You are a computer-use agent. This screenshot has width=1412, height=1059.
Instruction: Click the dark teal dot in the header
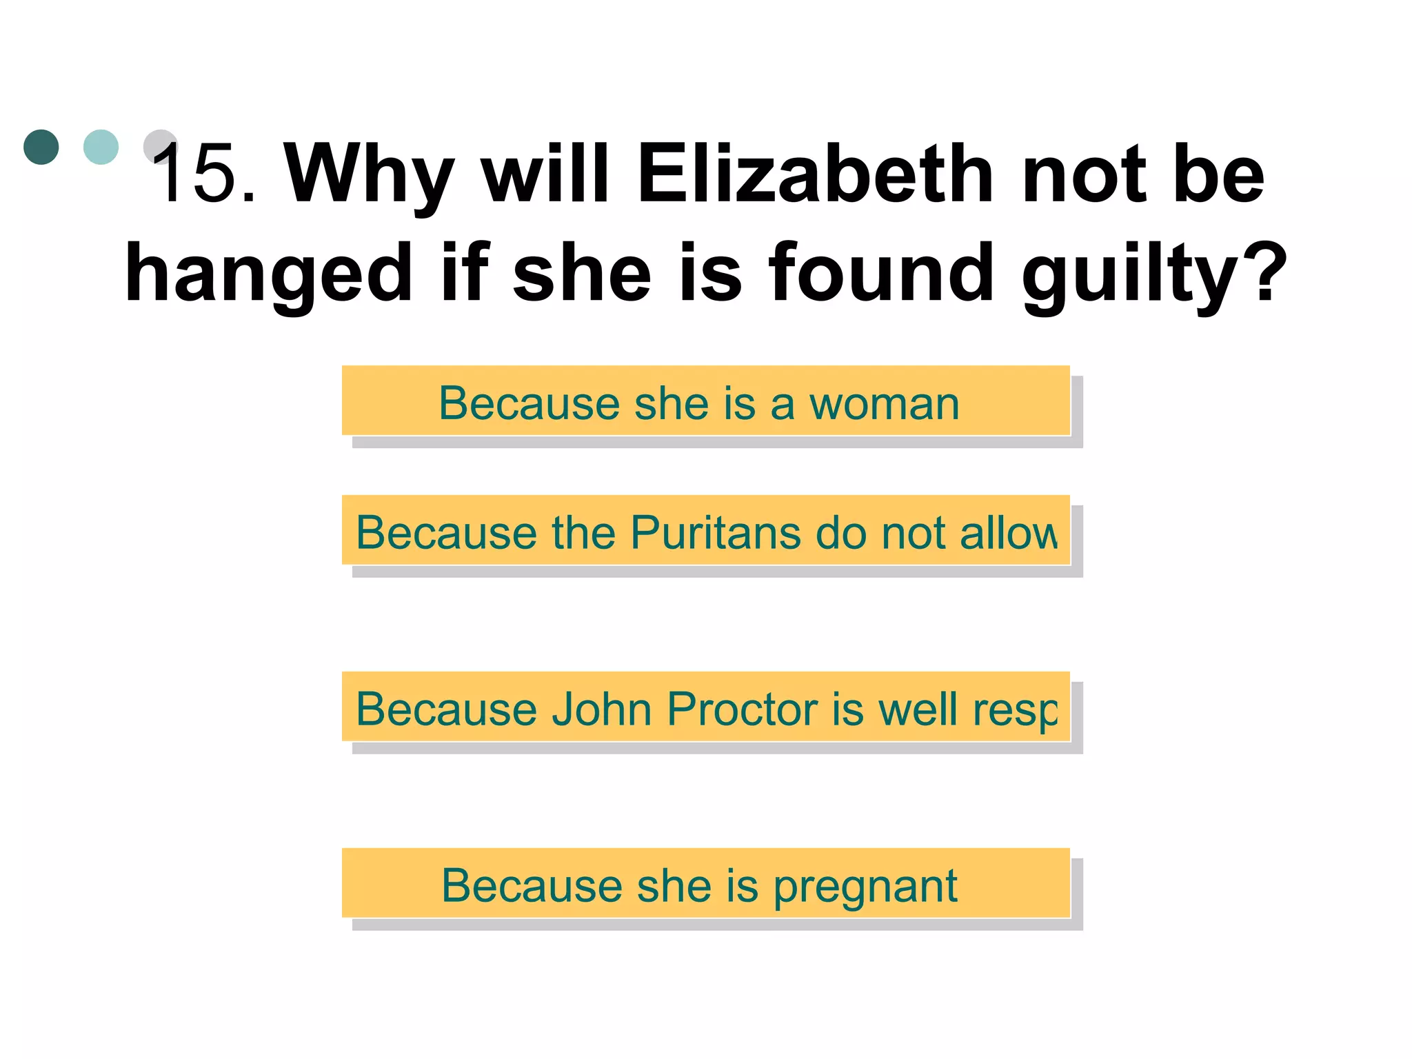tap(41, 147)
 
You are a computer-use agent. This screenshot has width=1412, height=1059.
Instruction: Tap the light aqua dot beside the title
tap(101, 147)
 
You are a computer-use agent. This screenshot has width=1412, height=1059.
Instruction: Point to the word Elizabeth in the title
tap(815, 174)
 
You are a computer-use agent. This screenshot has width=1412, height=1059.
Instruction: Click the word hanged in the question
tap(268, 274)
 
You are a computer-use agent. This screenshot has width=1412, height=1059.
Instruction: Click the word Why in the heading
tap(370, 174)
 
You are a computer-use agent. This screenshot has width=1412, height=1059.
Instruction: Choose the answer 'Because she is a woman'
tap(705, 401)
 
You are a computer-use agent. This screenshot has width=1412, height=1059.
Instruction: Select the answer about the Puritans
tap(705, 530)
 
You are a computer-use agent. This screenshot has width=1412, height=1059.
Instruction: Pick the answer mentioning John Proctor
tap(705, 707)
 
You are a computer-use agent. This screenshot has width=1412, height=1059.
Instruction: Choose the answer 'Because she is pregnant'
tap(705, 883)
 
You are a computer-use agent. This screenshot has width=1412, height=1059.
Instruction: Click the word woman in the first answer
tap(884, 404)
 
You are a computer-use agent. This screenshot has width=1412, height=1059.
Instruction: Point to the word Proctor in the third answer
tap(741, 709)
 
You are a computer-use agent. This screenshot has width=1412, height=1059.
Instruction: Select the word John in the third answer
tap(601, 709)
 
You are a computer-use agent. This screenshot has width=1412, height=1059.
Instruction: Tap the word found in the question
tap(882, 274)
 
